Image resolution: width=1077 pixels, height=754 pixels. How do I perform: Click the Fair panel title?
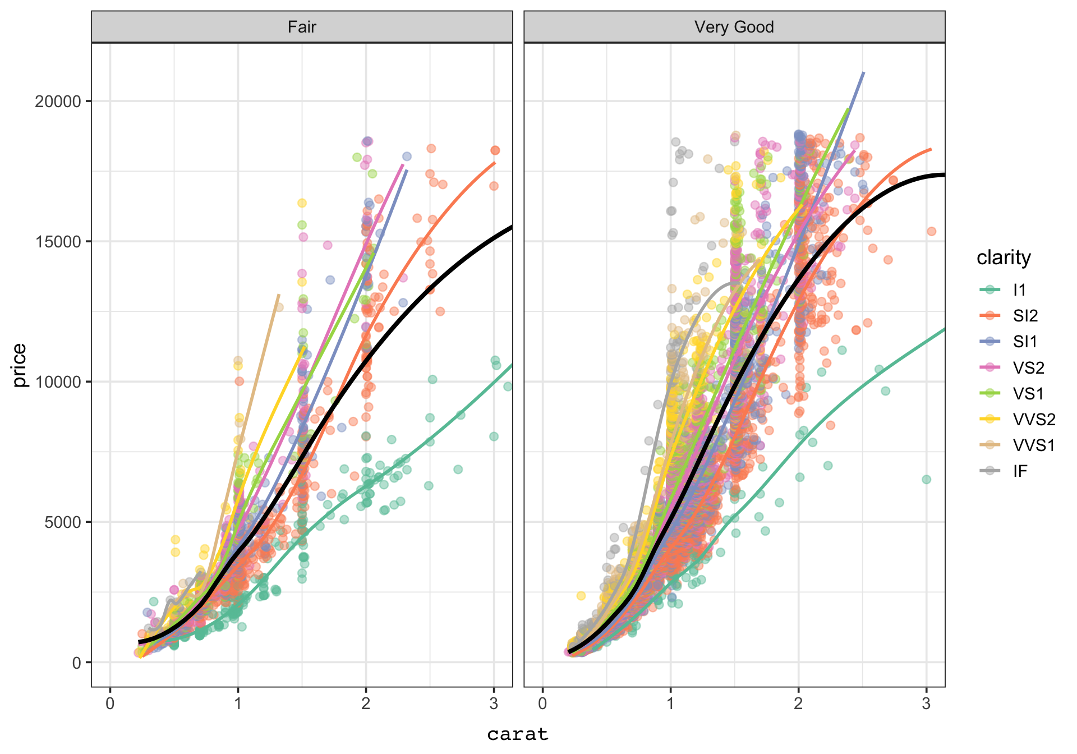tap(302, 27)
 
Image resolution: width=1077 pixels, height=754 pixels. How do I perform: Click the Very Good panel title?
tap(734, 27)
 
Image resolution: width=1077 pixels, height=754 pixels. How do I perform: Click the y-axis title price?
tap(20, 365)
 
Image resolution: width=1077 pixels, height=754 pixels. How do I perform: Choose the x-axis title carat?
tap(517, 734)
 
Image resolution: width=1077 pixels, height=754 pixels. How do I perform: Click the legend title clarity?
tap(1004, 258)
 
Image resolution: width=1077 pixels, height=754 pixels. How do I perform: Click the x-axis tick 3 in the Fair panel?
tap(494, 704)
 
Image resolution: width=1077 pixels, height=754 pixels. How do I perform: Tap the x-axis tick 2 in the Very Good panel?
tap(798, 704)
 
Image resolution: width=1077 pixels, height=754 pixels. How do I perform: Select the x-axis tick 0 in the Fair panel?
tap(110, 704)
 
